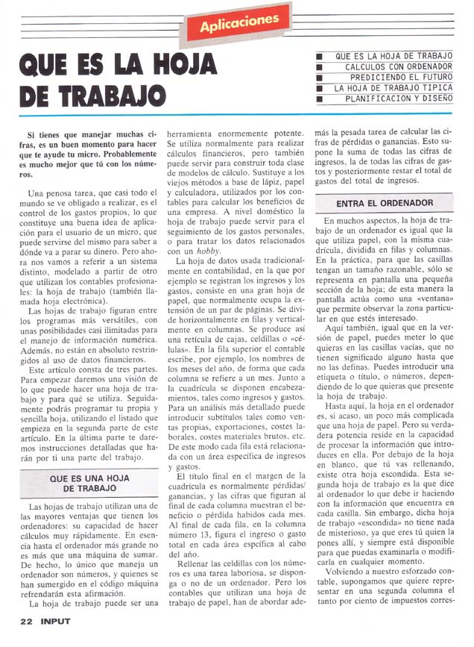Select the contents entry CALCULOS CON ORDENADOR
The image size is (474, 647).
click(x=398, y=66)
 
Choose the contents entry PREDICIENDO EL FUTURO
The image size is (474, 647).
click(x=400, y=77)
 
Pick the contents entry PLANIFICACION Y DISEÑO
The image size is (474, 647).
click(x=398, y=98)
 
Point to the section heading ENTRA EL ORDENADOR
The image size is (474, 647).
click(x=385, y=203)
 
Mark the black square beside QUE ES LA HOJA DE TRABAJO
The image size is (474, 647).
click(x=319, y=56)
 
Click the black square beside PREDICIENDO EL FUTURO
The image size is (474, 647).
click(x=319, y=77)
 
